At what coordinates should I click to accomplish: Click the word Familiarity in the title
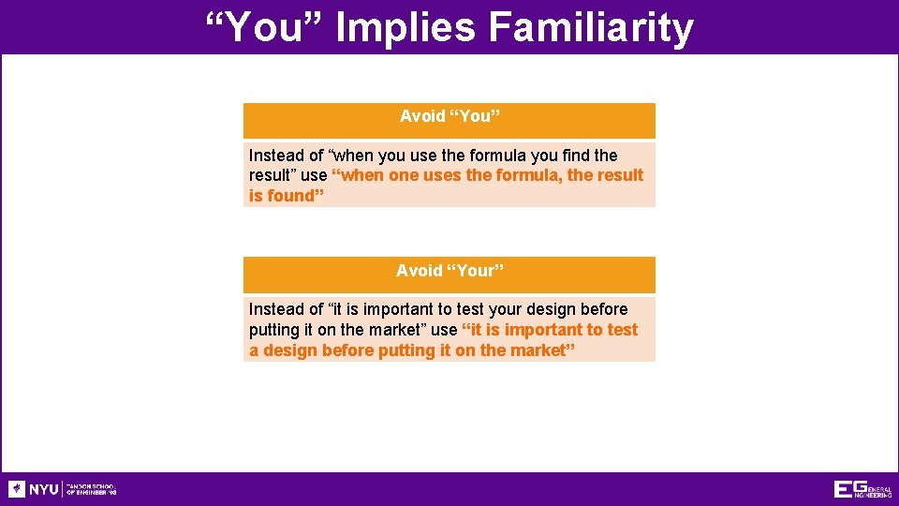click(590, 28)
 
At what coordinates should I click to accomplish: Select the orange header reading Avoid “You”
click(449, 117)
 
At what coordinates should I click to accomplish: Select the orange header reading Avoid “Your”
click(449, 272)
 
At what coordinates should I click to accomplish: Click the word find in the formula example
click(576, 156)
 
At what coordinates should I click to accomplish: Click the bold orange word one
click(404, 175)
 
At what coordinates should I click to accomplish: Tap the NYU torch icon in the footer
click(17, 489)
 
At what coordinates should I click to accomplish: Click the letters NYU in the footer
click(43, 489)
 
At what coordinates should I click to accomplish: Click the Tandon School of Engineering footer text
click(91, 489)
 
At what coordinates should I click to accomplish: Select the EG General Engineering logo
click(862, 489)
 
